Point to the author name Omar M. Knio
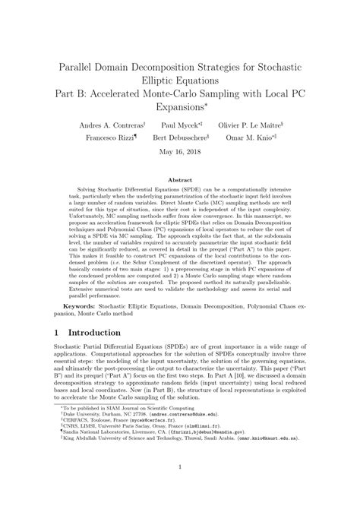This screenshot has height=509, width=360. (251, 139)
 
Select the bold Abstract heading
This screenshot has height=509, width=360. (180, 180)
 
